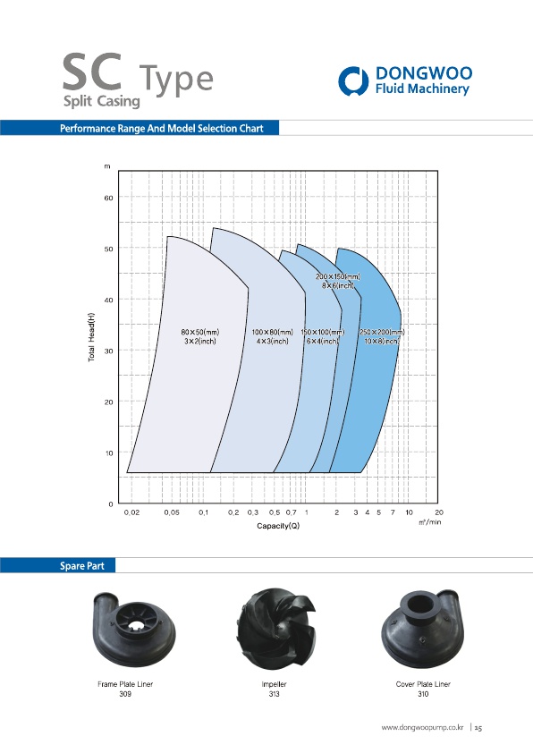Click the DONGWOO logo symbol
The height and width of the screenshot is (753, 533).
click(x=353, y=81)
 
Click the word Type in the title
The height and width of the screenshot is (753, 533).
click(x=176, y=80)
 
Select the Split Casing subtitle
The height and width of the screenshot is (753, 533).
click(x=102, y=101)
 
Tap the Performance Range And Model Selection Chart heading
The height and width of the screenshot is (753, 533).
click(x=161, y=128)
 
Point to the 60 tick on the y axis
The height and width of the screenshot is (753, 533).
click(x=108, y=198)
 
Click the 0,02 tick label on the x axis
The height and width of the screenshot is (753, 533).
click(x=131, y=512)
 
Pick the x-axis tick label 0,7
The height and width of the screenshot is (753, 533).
click(x=291, y=512)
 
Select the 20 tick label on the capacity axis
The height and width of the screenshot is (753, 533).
click(x=439, y=512)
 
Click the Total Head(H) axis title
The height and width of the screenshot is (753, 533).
click(x=91, y=337)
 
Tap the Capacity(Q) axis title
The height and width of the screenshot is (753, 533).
click(x=278, y=526)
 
